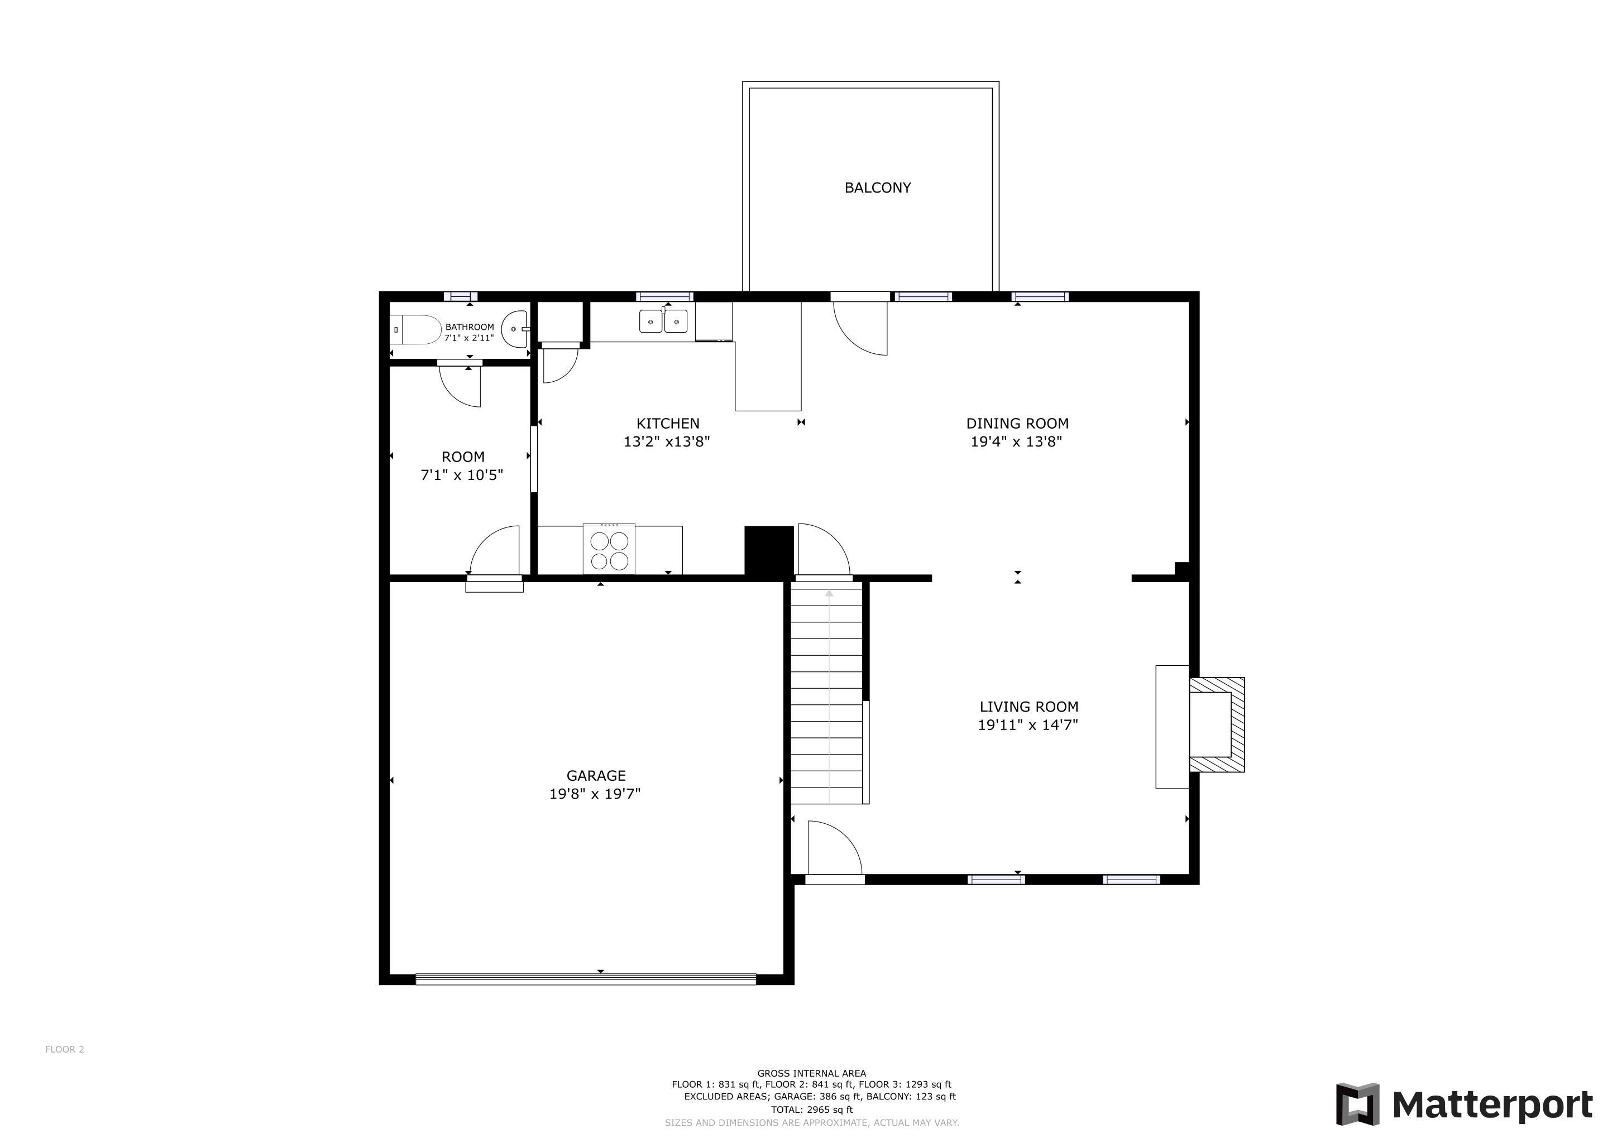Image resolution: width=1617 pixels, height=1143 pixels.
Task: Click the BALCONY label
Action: tap(878, 188)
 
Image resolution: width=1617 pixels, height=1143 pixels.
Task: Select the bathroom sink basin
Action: tap(515, 329)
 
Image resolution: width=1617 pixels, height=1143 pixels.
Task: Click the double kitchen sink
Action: tap(663, 321)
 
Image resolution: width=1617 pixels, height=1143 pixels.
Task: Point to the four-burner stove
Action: tap(609, 550)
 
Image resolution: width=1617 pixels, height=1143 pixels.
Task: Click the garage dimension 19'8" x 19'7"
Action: tap(595, 794)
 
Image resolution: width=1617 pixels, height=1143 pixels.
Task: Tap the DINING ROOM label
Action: tap(1017, 424)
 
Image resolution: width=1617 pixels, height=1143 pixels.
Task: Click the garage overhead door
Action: tap(585, 978)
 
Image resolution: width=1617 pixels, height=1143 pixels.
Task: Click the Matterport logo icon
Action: tap(1357, 1103)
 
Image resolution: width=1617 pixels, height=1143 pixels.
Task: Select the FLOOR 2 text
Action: tap(65, 1049)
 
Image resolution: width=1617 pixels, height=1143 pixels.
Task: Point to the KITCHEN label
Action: tap(668, 424)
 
